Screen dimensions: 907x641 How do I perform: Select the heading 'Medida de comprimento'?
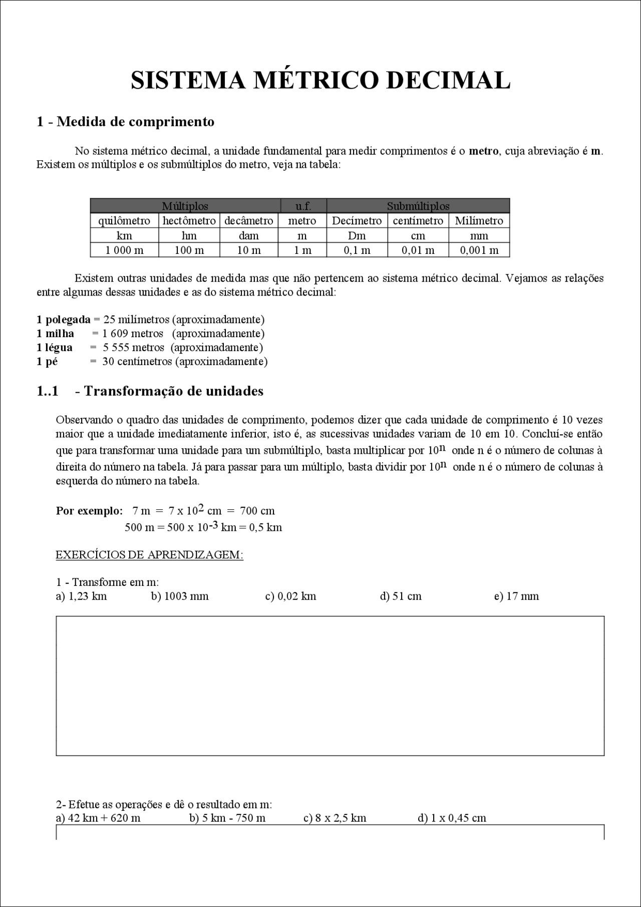(136, 122)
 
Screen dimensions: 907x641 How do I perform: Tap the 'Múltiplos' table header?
(185, 206)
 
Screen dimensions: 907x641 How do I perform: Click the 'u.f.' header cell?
(303, 206)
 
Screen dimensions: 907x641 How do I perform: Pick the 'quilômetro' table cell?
(124, 221)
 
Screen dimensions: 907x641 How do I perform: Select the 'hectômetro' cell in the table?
(189, 221)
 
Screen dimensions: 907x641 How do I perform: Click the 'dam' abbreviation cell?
(248, 236)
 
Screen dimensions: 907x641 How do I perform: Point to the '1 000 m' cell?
(124, 250)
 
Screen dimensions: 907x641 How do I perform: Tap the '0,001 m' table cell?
(479, 250)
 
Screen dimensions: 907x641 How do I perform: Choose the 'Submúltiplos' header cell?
(418, 206)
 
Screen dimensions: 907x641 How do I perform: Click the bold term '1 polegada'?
(64, 320)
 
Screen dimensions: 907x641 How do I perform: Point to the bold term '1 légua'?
(55, 348)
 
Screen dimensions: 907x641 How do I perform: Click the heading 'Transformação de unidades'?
(173, 391)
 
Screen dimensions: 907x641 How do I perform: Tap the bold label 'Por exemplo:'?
(89, 511)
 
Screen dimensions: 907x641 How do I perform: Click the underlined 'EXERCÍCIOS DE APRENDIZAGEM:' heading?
(149, 555)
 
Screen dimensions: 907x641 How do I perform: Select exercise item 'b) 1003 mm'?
(180, 596)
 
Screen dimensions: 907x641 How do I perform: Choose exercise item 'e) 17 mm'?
(516, 596)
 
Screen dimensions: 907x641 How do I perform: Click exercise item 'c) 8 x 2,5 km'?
(335, 818)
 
